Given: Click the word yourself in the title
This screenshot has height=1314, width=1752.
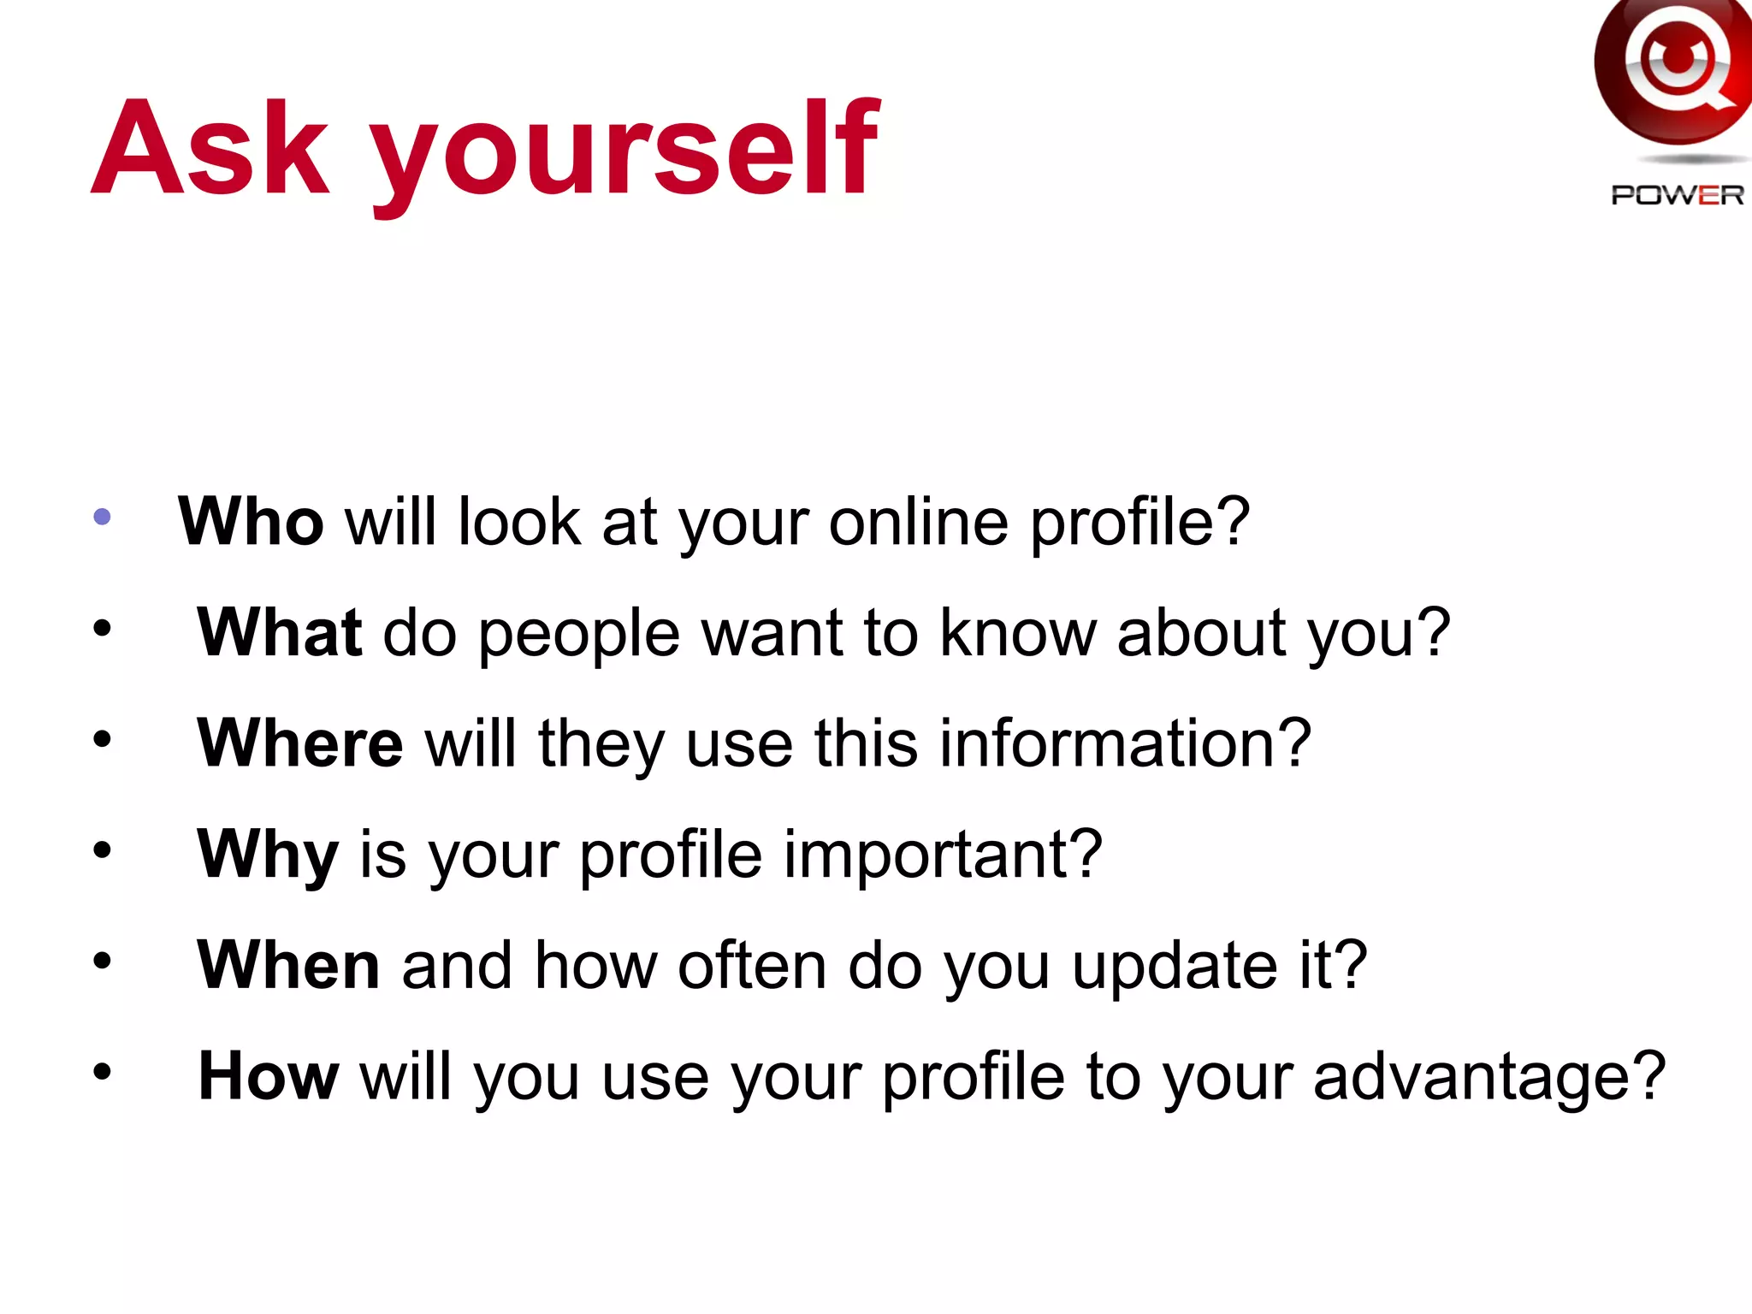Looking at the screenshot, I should (x=624, y=154).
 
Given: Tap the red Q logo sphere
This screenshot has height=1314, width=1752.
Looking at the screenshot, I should (x=1672, y=68).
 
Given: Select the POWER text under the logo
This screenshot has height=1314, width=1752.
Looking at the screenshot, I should (x=1677, y=195).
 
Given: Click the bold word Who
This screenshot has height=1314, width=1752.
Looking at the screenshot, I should (x=251, y=521).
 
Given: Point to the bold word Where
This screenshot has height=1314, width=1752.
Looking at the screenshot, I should (x=299, y=743).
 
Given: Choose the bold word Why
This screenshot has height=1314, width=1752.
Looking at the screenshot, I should (x=268, y=855).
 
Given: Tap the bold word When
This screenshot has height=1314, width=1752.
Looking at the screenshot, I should (x=288, y=964).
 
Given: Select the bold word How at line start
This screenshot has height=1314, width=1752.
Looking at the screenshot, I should (x=269, y=1075).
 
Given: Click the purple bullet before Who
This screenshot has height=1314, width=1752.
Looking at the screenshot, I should (x=102, y=516).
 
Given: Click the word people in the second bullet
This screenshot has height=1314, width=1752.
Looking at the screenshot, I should (x=579, y=635).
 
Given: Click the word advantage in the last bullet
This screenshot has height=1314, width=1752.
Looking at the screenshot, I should (x=1489, y=1077).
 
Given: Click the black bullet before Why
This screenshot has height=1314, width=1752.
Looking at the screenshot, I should (x=103, y=850).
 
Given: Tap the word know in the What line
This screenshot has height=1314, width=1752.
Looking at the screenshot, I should (x=1017, y=632).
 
